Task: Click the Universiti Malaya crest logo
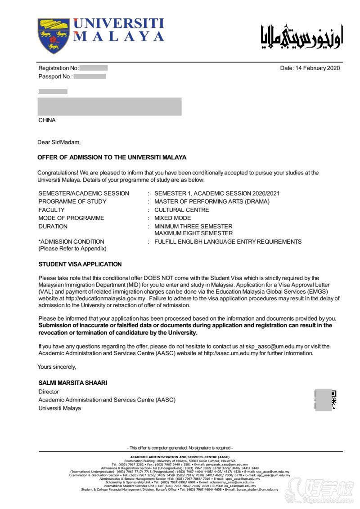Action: pos(54,36)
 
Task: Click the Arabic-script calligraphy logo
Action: pos(301,36)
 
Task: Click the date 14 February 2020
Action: pos(310,68)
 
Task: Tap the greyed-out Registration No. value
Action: pos(94,68)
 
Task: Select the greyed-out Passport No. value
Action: pos(90,76)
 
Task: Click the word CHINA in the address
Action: pos(47,121)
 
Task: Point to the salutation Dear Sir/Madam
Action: pos(59,143)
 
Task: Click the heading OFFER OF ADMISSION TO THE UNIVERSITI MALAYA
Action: pos(112,158)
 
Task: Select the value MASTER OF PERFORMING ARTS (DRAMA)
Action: pos(212,201)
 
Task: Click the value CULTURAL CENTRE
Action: pos(181,210)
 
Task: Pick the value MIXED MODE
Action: pos(172,218)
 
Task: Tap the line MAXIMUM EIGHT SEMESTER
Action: pos(193,233)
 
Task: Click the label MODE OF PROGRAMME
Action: pos(71,218)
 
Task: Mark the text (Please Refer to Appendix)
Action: pos(72,249)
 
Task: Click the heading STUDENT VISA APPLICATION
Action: pos(80,264)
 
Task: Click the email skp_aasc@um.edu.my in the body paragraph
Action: pos(274,347)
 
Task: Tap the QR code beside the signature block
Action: pos(325,400)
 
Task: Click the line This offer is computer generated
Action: pos(181,448)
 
